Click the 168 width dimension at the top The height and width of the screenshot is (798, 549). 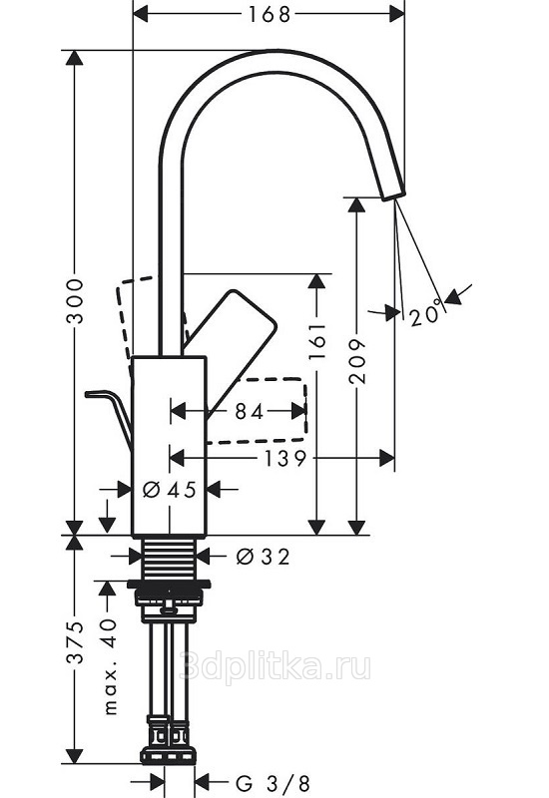point(269,14)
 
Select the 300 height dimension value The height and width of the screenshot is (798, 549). point(76,301)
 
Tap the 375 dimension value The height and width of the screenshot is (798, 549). point(76,642)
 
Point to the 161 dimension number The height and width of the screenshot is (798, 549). point(316,340)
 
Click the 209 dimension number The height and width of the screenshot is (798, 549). point(357,360)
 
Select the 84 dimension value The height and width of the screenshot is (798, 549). point(250,412)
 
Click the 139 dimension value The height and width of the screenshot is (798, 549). point(284,459)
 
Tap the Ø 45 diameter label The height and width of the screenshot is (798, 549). point(169,490)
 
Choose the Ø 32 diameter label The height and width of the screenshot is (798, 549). point(263,557)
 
